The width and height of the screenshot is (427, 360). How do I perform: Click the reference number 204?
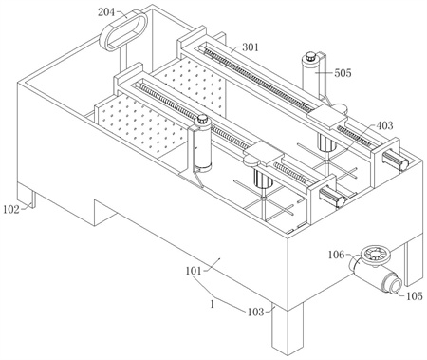click(x=107, y=12)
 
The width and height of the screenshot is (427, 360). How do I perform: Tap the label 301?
click(x=251, y=47)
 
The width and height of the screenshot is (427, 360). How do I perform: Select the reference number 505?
click(x=343, y=73)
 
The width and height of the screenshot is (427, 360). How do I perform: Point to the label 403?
click(x=384, y=125)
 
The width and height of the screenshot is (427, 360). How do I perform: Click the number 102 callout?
click(x=11, y=209)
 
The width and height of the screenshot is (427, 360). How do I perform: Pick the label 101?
click(x=194, y=271)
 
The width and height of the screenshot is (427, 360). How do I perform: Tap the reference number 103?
click(x=255, y=313)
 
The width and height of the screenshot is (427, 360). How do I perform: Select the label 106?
click(x=336, y=255)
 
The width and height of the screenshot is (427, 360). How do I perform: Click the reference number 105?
click(x=414, y=296)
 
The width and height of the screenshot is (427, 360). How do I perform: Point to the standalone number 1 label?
click(x=213, y=304)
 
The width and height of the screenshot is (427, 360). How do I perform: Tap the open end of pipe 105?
click(x=395, y=285)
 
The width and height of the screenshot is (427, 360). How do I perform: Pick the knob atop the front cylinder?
click(x=202, y=121)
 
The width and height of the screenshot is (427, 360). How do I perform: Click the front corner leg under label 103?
click(x=288, y=330)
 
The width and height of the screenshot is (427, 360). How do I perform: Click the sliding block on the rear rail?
click(x=326, y=117)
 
